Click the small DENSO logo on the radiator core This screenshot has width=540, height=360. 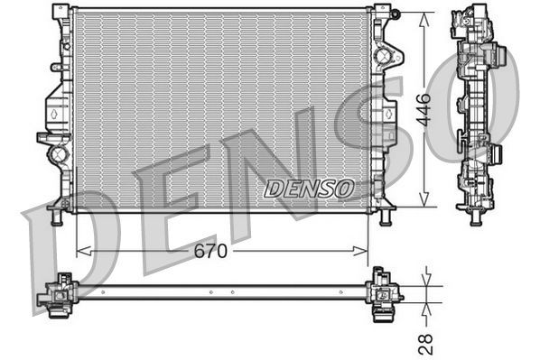coord(310,189)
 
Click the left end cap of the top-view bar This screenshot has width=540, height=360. coord(57,293)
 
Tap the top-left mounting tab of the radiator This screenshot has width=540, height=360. coord(61,13)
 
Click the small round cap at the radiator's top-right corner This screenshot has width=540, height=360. coord(396,13)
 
